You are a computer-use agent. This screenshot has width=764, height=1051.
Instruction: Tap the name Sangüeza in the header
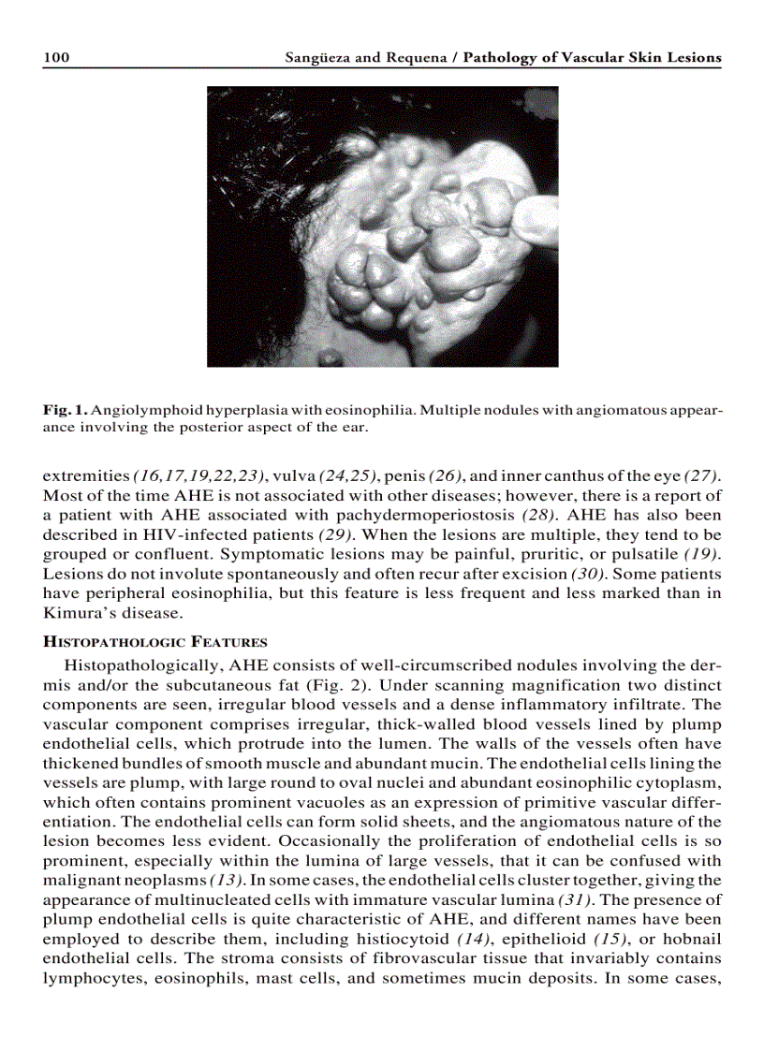coord(317,58)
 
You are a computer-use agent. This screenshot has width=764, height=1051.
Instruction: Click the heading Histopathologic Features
coord(154,642)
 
